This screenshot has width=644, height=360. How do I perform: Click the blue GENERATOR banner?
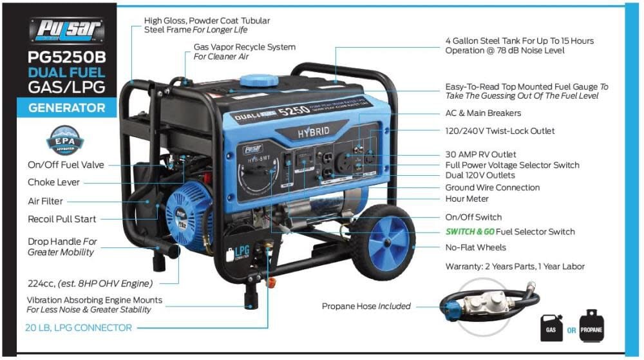pyautogui.click(x=66, y=108)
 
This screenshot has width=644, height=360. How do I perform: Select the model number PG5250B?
pyautogui.click(x=66, y=57)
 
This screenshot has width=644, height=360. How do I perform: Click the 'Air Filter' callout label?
pyautogui.click(x=45, y=201)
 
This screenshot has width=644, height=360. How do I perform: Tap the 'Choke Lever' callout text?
pyautogui.click(x=53, y=183)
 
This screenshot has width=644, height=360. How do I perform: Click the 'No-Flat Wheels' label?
pyautogui.click(x=475, y=247)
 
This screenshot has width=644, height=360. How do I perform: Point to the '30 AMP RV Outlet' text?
pyautogui.click(x=480, y=154)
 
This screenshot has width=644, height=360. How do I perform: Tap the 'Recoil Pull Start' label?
pyautogui.click(x=62, y=219)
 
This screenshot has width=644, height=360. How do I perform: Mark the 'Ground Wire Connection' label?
pyautogui.click(x=493, y=187)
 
